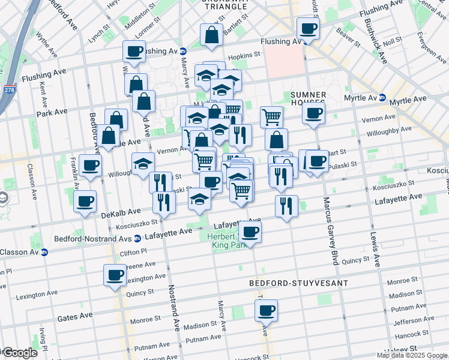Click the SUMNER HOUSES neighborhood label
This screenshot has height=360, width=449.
[x=308, y=100]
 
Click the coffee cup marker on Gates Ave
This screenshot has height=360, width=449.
[x=266, y=311]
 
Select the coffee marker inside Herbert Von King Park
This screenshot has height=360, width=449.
[x=250, y=232]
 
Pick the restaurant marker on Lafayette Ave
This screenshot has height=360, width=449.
[x=286, y=206]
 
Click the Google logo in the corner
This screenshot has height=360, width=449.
[x=19, y=353]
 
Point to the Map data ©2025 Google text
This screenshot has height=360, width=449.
[x=411, y=355]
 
